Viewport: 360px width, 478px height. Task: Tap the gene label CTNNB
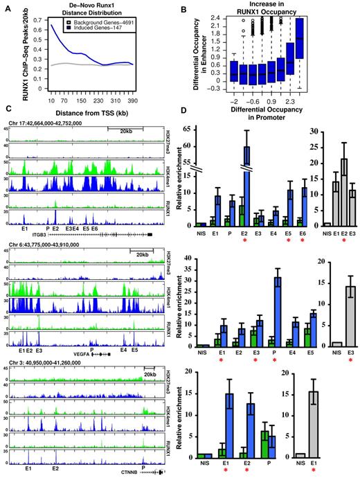(x=126, y=470)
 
